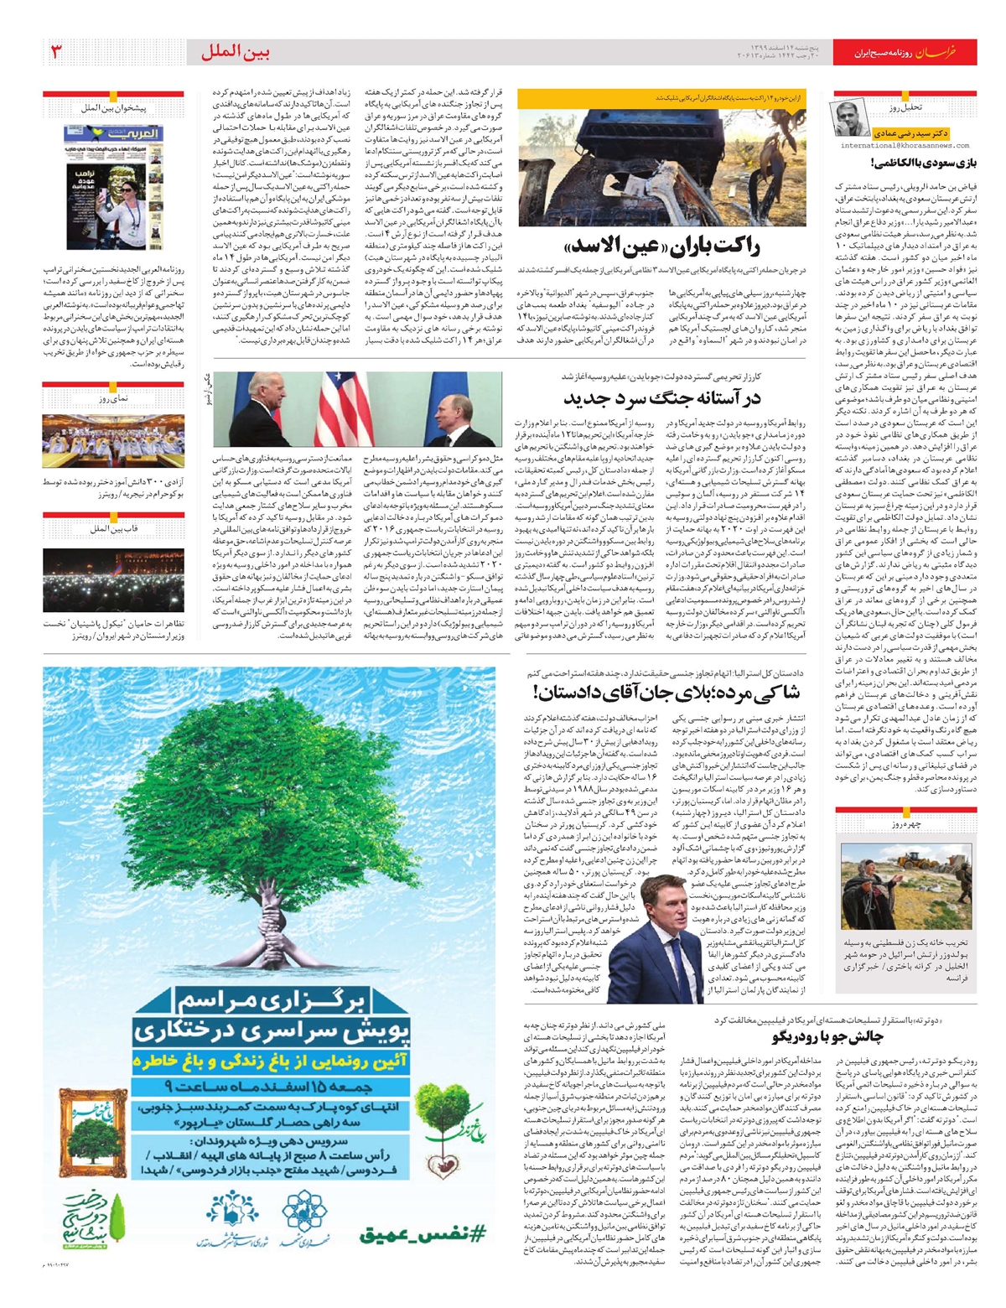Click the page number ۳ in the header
tap(56, 52)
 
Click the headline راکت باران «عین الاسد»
tap(663, 247)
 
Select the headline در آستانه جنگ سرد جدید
tap(662, 397)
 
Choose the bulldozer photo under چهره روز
tap(906, 885)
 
